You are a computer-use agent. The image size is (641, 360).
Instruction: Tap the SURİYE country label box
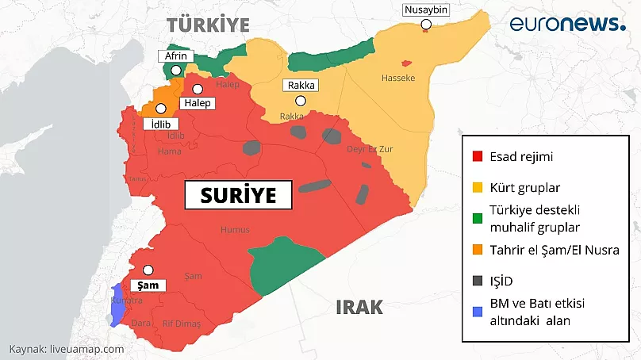click(238, 195)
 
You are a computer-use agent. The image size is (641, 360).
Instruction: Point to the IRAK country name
click(359, 308)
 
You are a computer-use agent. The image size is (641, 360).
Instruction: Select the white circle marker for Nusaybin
click(426, 25)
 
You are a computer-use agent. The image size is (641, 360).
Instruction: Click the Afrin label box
click(175, 56)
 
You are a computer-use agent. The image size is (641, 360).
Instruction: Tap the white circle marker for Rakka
click(301, 101)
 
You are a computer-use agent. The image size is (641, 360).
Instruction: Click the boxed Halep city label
click(196, 103)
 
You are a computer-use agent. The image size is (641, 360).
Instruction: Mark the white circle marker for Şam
click(148, 270)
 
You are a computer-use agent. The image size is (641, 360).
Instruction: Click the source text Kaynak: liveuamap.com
click(67, 349)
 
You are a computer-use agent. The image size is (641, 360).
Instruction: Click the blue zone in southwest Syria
click(118, 305)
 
